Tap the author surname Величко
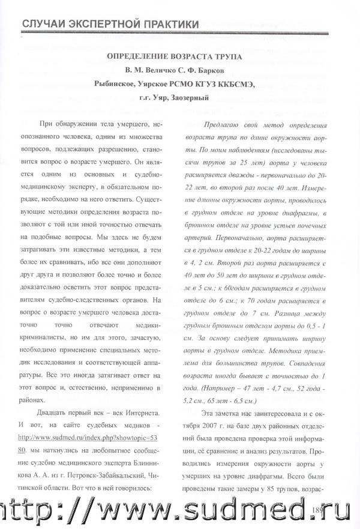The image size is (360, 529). click(x=170, y=71)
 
